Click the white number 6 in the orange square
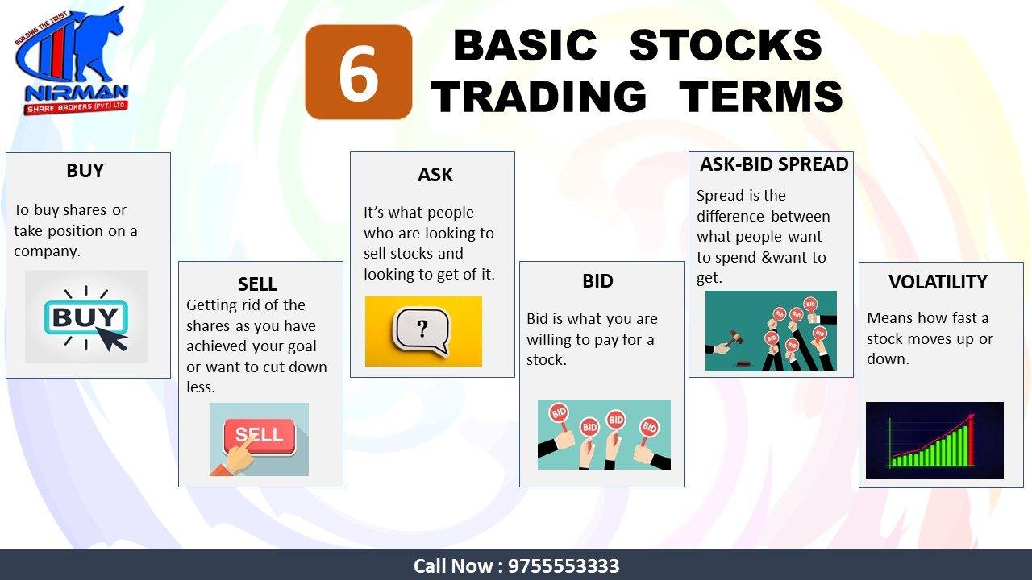click(x=358, y=72)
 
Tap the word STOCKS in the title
click(x=726, y=45)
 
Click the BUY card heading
click(x=85, y=171)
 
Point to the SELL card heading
click(x=257, y=284)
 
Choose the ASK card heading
click(x=435, y=175)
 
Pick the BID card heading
click(x=597, y=281)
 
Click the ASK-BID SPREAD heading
click(x=774, y=164)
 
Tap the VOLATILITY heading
click(x=938, y=282)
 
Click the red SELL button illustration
click(x=259, y=435)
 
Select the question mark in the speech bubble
click(x=422, y=329)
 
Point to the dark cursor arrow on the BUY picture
click(x=112, y=338)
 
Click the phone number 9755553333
click(x=564, y=566)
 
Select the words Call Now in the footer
click(x=453, y=566)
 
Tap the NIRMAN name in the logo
click(x=77, y=93)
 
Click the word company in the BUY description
click(x=47, y=252)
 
